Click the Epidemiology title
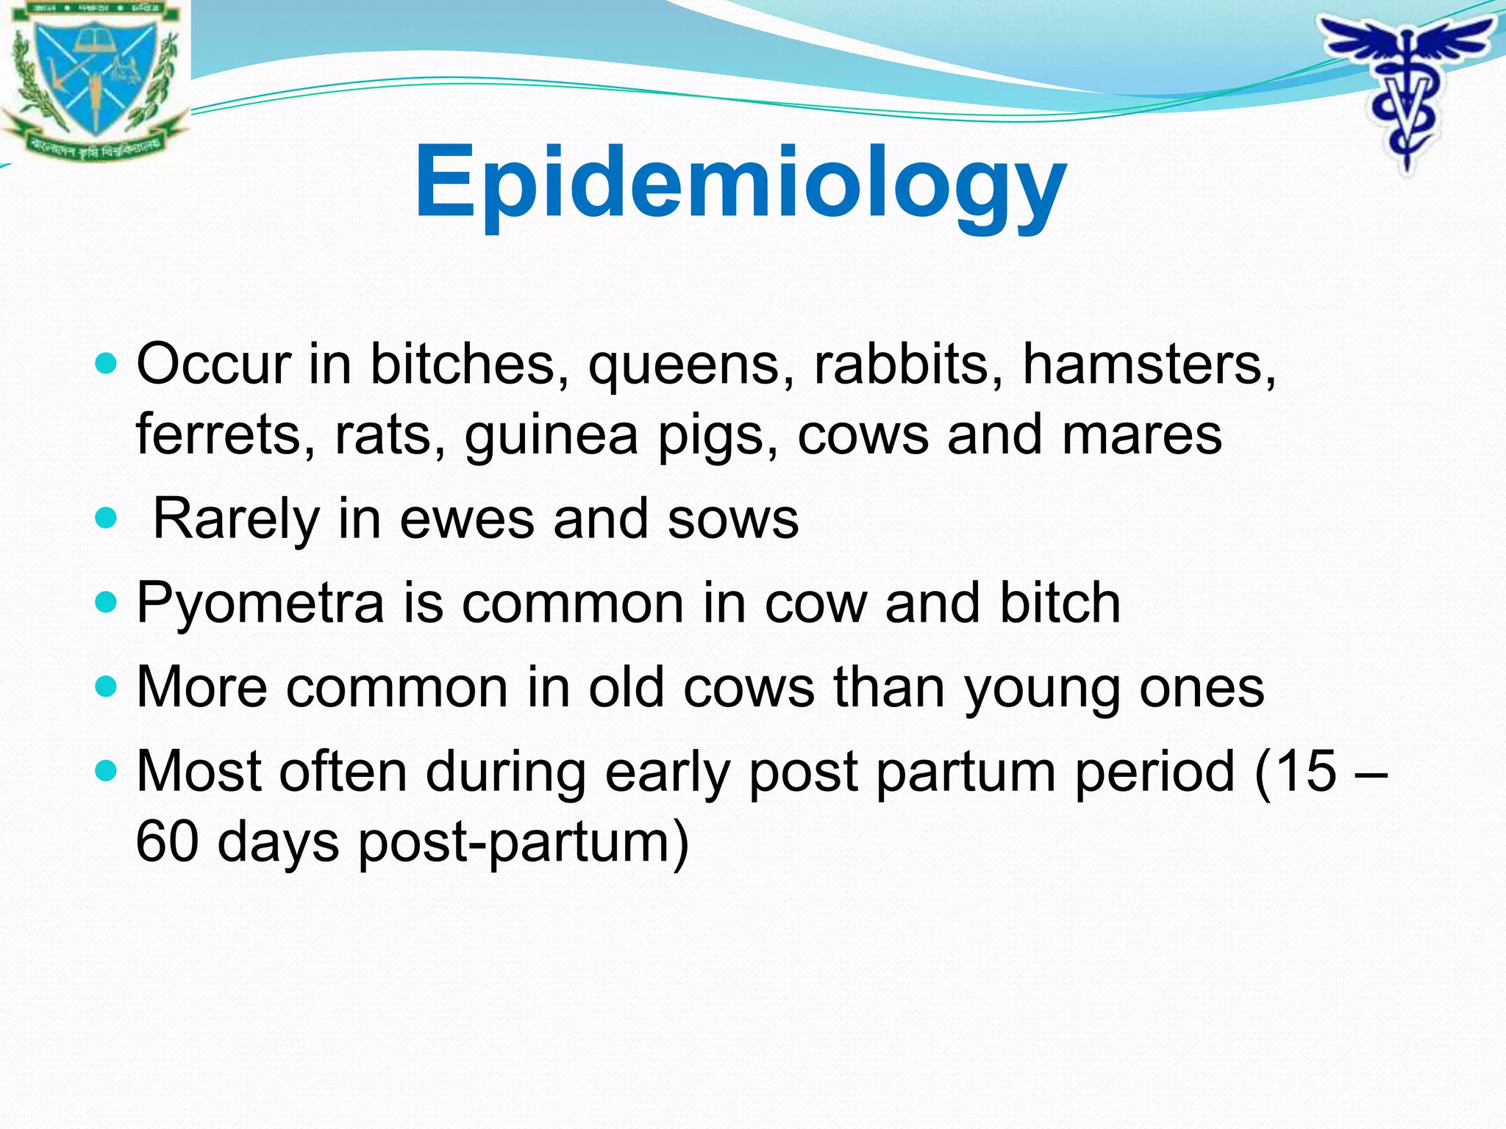[x=740, y=184]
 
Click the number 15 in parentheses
[x=1306, y=771]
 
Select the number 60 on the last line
[x=167, y=842]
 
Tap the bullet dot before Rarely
[x=107, y=519]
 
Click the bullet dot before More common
[x=107, y=687]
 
